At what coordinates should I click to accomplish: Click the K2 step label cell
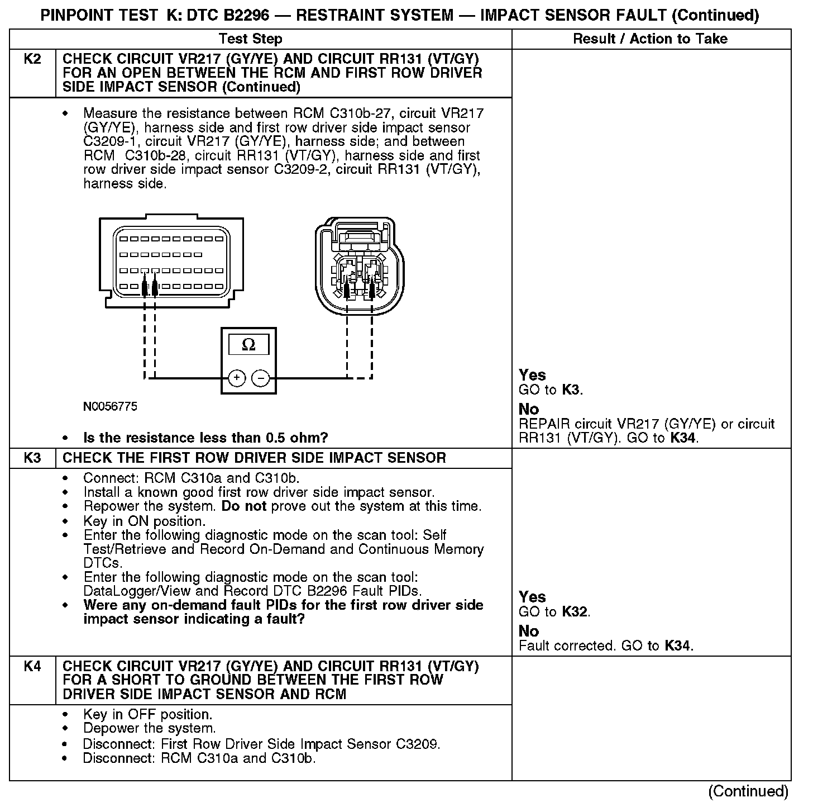click(32, 59)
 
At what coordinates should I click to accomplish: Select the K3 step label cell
click(32, 458)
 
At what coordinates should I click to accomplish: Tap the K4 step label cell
click(32, 666)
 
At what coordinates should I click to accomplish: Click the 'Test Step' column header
click(251, 39)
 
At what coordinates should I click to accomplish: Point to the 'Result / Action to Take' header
click(650, 39)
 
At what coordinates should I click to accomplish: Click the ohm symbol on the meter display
click(248, 345)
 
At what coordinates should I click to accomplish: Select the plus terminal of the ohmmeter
click(237, 378)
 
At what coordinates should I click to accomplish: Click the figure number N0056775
click(110, 406)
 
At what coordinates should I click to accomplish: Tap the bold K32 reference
click(575, 612)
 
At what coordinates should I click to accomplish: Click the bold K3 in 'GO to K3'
click(571, 390)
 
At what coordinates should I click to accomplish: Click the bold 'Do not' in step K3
click(244, 506)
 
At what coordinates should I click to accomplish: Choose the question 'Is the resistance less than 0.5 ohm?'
click(205, 438)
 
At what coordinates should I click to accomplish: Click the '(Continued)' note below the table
click(748, 791)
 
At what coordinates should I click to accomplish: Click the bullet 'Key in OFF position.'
click(147, 714)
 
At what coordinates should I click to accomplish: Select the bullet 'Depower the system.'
click(149, 728)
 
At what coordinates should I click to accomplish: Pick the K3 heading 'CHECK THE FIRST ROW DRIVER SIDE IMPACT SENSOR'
click(254, 458)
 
